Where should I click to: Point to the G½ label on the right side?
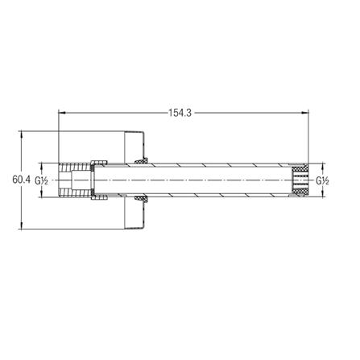(x=322, y=180)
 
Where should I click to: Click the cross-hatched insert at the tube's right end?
(x=300, y=180)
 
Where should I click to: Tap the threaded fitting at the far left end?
(x=74, y=180)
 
